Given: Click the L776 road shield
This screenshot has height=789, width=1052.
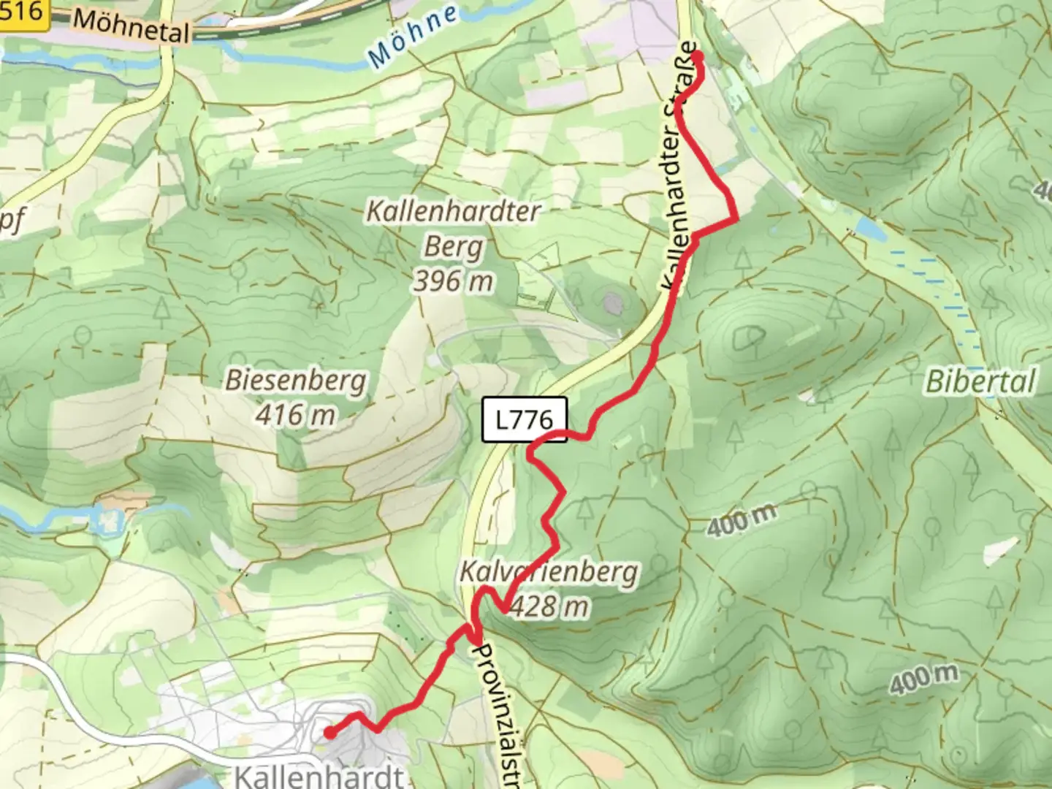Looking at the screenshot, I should point(524,419).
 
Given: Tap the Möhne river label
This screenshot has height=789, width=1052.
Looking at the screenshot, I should point(413,36).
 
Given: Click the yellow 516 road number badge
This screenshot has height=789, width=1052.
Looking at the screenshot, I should point(22,12).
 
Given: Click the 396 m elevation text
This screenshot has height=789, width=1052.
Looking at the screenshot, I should point(453,281).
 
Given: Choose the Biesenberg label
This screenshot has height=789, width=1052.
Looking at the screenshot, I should point(296,381).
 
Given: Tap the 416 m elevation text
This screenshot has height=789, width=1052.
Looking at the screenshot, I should point(296,415).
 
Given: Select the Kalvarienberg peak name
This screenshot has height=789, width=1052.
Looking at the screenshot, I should point(548,572).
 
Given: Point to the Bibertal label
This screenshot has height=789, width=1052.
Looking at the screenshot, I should point(980,382).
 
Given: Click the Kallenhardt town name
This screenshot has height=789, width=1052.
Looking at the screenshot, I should point(319,774).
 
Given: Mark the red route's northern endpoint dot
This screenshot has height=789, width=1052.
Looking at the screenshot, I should point(696,56).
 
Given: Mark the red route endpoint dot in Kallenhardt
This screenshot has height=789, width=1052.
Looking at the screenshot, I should point(329,732).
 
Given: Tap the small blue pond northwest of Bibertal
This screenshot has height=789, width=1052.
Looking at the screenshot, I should point(869,228).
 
